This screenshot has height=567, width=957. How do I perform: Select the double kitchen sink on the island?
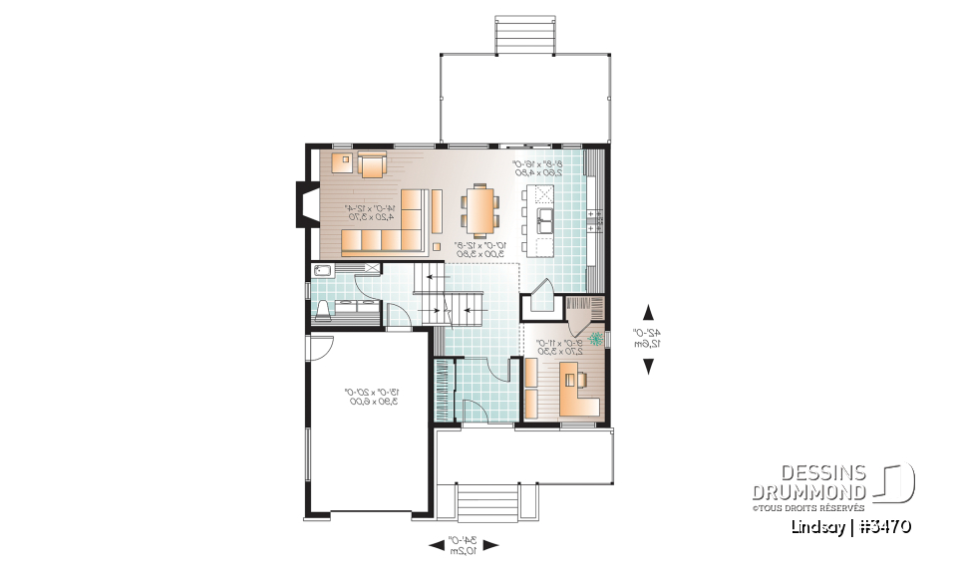click(545, 216)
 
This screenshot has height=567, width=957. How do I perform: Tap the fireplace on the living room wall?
click(303, 204)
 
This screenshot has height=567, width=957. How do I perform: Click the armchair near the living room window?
click(373, 163)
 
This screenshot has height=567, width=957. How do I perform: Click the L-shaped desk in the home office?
click(578, 392)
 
